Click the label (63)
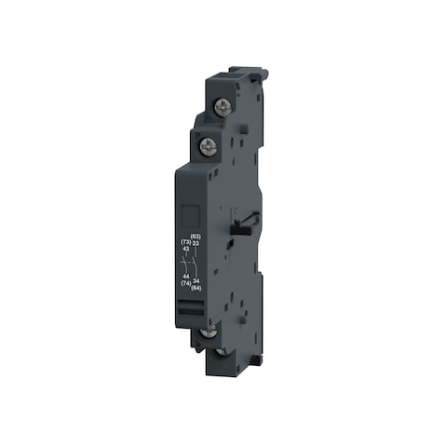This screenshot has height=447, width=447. (196, 237)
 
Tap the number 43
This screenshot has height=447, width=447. (186, 250)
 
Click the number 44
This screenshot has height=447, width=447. (186, 277)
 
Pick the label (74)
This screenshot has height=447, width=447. (186, 283)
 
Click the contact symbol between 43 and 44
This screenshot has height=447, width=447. (186, 263)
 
